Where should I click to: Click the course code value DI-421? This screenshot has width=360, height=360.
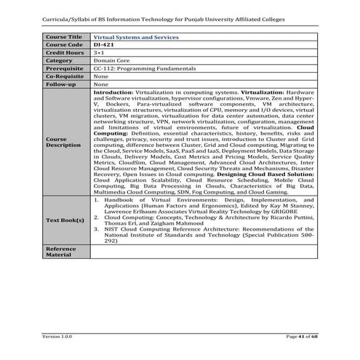coord(103,44)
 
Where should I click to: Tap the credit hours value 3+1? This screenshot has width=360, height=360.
coord(99,52)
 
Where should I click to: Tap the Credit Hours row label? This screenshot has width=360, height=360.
coord(65,52)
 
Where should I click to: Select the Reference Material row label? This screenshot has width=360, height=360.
coord(61,252)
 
